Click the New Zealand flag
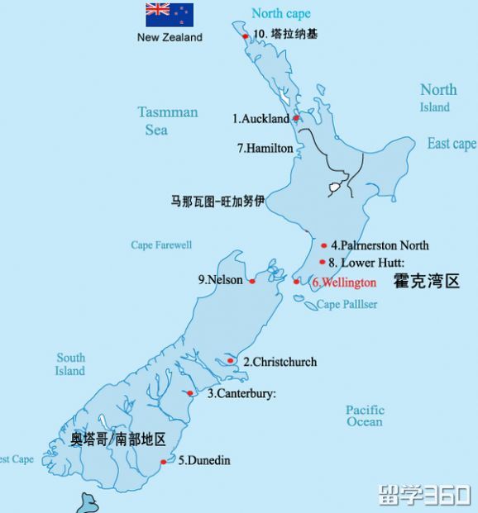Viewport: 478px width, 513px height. click(x=170, y=15)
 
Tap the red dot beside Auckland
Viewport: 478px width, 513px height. click(x=296, y=119)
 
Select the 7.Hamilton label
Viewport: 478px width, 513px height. click(x=265, y=149)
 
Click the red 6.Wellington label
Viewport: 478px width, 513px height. click(x=344, y=283)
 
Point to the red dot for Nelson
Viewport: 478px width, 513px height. click(x=252, y=281)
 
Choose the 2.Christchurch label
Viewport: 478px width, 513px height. click(x=280, y=362)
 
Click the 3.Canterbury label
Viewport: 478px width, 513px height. click(x=241, y=394)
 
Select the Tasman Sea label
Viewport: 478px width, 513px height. click(x=168, y=121)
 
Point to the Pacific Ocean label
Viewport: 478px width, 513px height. click(x=365, y=416)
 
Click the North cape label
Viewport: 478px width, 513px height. click(x=281, y=13)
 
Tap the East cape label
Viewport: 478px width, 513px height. click(x=452, y=144)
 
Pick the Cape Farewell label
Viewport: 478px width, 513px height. click(x=161, y=245)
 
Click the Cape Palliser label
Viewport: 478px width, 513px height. click(x=347, y=305)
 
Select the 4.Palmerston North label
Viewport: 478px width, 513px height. click(x=380, y=245)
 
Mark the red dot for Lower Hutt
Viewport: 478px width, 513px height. click(x=322, y=262)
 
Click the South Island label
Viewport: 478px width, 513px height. click(x=70, y=364)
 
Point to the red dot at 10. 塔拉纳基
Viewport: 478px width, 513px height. click(x=245, y=36)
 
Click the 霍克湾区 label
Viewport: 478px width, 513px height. click(x=426, y=282)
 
